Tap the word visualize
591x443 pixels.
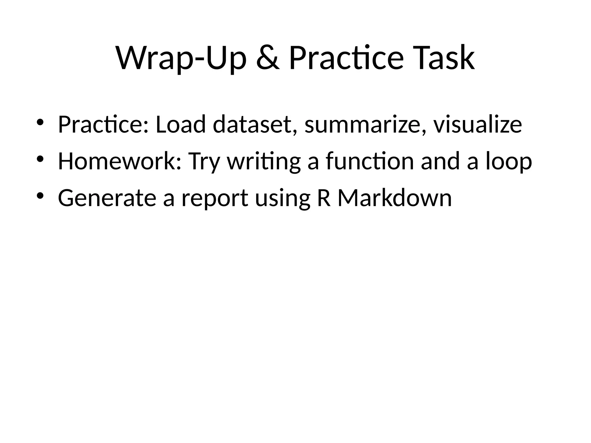click(478, 124)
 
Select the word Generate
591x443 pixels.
click(107, 198)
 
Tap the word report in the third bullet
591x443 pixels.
click(215, 198)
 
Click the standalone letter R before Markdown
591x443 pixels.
click(323, 198)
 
